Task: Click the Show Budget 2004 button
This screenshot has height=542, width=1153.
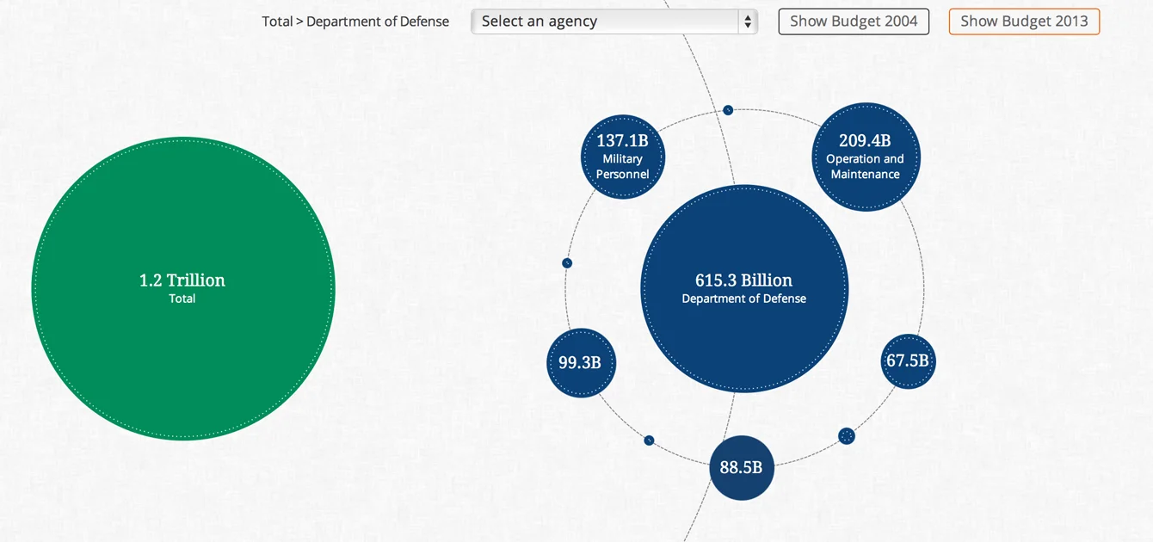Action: click(x=854, y=22)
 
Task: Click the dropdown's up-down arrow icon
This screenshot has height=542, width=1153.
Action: click(x=748, y=22)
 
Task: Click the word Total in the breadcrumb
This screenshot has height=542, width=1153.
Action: click(x=277, y=22)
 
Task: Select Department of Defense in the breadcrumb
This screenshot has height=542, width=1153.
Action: click(x=378, y=22)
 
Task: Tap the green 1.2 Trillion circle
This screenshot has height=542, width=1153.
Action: click(x=182, y=344)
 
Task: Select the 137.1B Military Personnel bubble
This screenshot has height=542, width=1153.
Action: click(x=622, y=157)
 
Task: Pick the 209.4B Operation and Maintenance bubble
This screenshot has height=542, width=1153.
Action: click(x=866, y=157)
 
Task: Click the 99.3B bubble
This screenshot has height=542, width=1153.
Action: click(x=581, y=362)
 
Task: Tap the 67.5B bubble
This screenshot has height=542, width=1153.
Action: click(x=908, y=361)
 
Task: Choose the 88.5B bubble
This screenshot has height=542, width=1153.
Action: click(x=742, y=468)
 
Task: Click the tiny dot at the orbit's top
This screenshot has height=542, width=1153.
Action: click(x=728, y=110)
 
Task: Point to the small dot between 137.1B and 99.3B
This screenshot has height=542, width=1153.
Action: click(x=567, y=263)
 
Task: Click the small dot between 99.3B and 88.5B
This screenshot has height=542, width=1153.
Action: click(x=649, y=440)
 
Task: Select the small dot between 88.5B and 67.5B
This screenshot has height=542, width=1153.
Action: click(x=847, y=436)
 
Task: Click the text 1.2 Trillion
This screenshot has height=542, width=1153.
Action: click(x=182, y=280)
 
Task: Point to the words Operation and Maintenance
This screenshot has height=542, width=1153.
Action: click(x=865, y=166)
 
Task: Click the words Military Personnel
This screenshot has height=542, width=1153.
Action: click(x=622, y=166)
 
